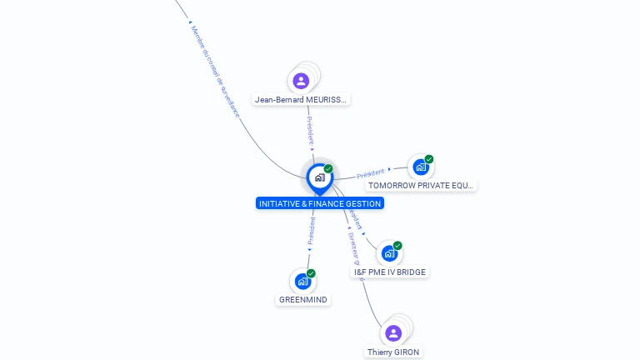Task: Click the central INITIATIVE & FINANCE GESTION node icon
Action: (319, 177)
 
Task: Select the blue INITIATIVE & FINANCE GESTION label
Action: (320, 203)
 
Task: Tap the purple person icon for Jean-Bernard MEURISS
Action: (301, 81)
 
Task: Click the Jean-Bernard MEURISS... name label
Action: (301, 100)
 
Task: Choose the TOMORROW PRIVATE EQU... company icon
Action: (420, 167)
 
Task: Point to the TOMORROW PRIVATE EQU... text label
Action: (422, 185)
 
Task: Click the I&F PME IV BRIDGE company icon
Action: (388, 253)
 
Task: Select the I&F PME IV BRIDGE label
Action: (390, 272)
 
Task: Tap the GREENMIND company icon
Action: (302, 282)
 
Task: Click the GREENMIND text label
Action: (303, 300)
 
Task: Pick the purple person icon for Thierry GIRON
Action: (393, 333)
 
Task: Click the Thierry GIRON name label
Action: (393, 352)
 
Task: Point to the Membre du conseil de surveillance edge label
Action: (214, 71)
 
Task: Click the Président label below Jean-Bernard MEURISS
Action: (310, 129)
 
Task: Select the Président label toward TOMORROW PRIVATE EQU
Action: (371, 174)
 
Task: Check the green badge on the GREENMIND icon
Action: (311, 273)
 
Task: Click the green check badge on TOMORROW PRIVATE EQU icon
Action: (429, 159)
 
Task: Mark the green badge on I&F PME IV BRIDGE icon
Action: (397, 246)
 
